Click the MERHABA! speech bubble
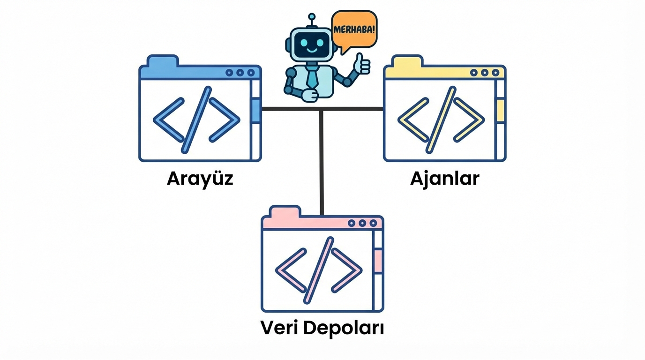coord(354,29)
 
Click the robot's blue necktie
coord(312,77)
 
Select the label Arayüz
coord(200,179)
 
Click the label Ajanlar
coord(444,179)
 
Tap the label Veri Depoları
coord(322,328)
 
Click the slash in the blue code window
coord(196,120)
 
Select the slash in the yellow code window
coord(441,120)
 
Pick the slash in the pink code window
coord(319,270)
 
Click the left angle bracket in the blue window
coord(168,120)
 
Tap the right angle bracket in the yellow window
coord(469,120)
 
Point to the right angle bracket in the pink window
coord(347,270)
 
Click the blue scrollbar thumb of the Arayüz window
coord(255,111)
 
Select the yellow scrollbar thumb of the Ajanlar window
coord(500,111)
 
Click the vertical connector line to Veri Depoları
coord(322,164)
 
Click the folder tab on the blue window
coord(162,61)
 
